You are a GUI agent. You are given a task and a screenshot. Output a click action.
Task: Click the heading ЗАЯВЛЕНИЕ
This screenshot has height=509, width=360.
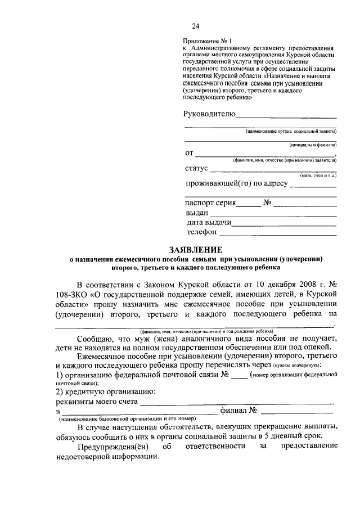coord(195,249)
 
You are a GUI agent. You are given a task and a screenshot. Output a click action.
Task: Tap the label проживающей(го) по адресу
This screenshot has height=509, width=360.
coord(237,183)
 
